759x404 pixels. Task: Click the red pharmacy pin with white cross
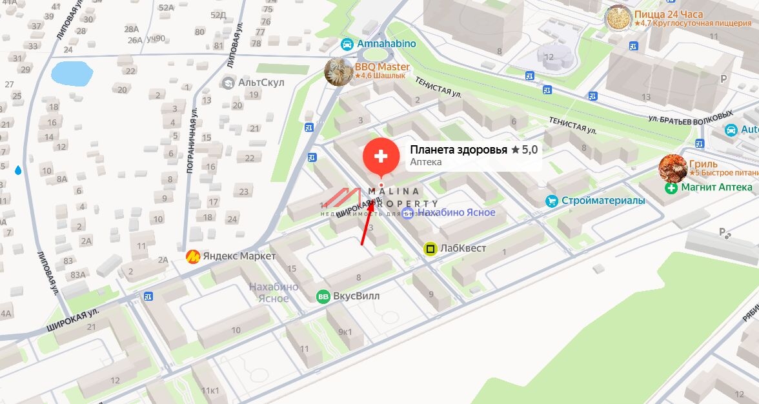point(381,156)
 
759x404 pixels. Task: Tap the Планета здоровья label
point(458,150)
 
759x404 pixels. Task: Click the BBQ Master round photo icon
point(338,72)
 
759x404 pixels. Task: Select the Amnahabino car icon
point(347,44)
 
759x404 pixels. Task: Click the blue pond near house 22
point(72,73)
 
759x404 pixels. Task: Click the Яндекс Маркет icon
point(192,257)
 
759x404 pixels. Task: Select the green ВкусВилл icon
point(323,296)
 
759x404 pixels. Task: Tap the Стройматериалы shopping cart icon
point(551,201)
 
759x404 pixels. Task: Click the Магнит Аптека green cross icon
point(671,188)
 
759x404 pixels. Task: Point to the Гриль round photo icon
point(673,168)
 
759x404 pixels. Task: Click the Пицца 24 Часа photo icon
point(618,18)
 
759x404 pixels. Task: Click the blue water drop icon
point(17,170)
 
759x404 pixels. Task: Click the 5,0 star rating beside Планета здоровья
point(524,150)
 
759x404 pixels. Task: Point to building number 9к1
point(345,332)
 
